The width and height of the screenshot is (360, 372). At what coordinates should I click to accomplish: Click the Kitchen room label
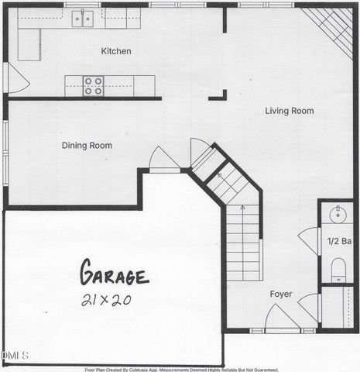tap(116, 52)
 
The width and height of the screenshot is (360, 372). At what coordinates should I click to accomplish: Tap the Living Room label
tap(290, 111)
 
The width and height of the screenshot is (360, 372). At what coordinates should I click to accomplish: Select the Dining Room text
tap(87, 146)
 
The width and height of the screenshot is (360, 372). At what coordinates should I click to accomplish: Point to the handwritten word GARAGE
tap(114, 274)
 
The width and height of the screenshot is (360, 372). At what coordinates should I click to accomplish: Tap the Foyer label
tap(280, 294)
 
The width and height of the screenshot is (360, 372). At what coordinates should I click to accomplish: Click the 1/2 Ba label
tap(340, 242)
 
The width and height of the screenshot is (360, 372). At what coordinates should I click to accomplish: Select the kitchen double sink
tap(83, 17)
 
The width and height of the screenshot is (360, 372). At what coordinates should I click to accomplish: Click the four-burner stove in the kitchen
tap(94, 85)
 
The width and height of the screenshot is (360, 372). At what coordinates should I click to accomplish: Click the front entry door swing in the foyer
tap(280, 318)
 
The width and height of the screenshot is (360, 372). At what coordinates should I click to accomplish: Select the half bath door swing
tap(310, 239)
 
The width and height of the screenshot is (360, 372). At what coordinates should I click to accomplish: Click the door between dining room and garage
tap(164, 159)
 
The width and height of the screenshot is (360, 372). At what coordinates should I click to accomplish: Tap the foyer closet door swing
tap(310, 306)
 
